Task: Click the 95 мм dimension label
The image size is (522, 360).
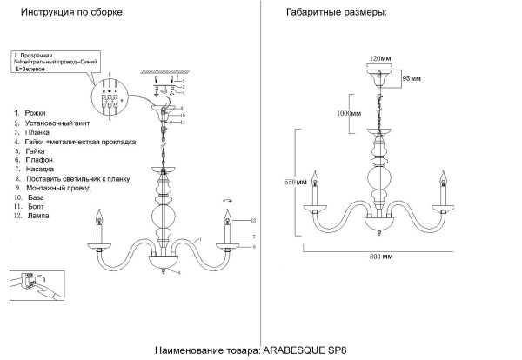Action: [x=411, y=79]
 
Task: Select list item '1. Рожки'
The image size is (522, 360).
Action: [x=30, y=114]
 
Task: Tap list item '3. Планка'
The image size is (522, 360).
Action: [x=33, y=132]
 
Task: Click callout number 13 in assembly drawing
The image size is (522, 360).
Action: [x=253, y=219]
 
